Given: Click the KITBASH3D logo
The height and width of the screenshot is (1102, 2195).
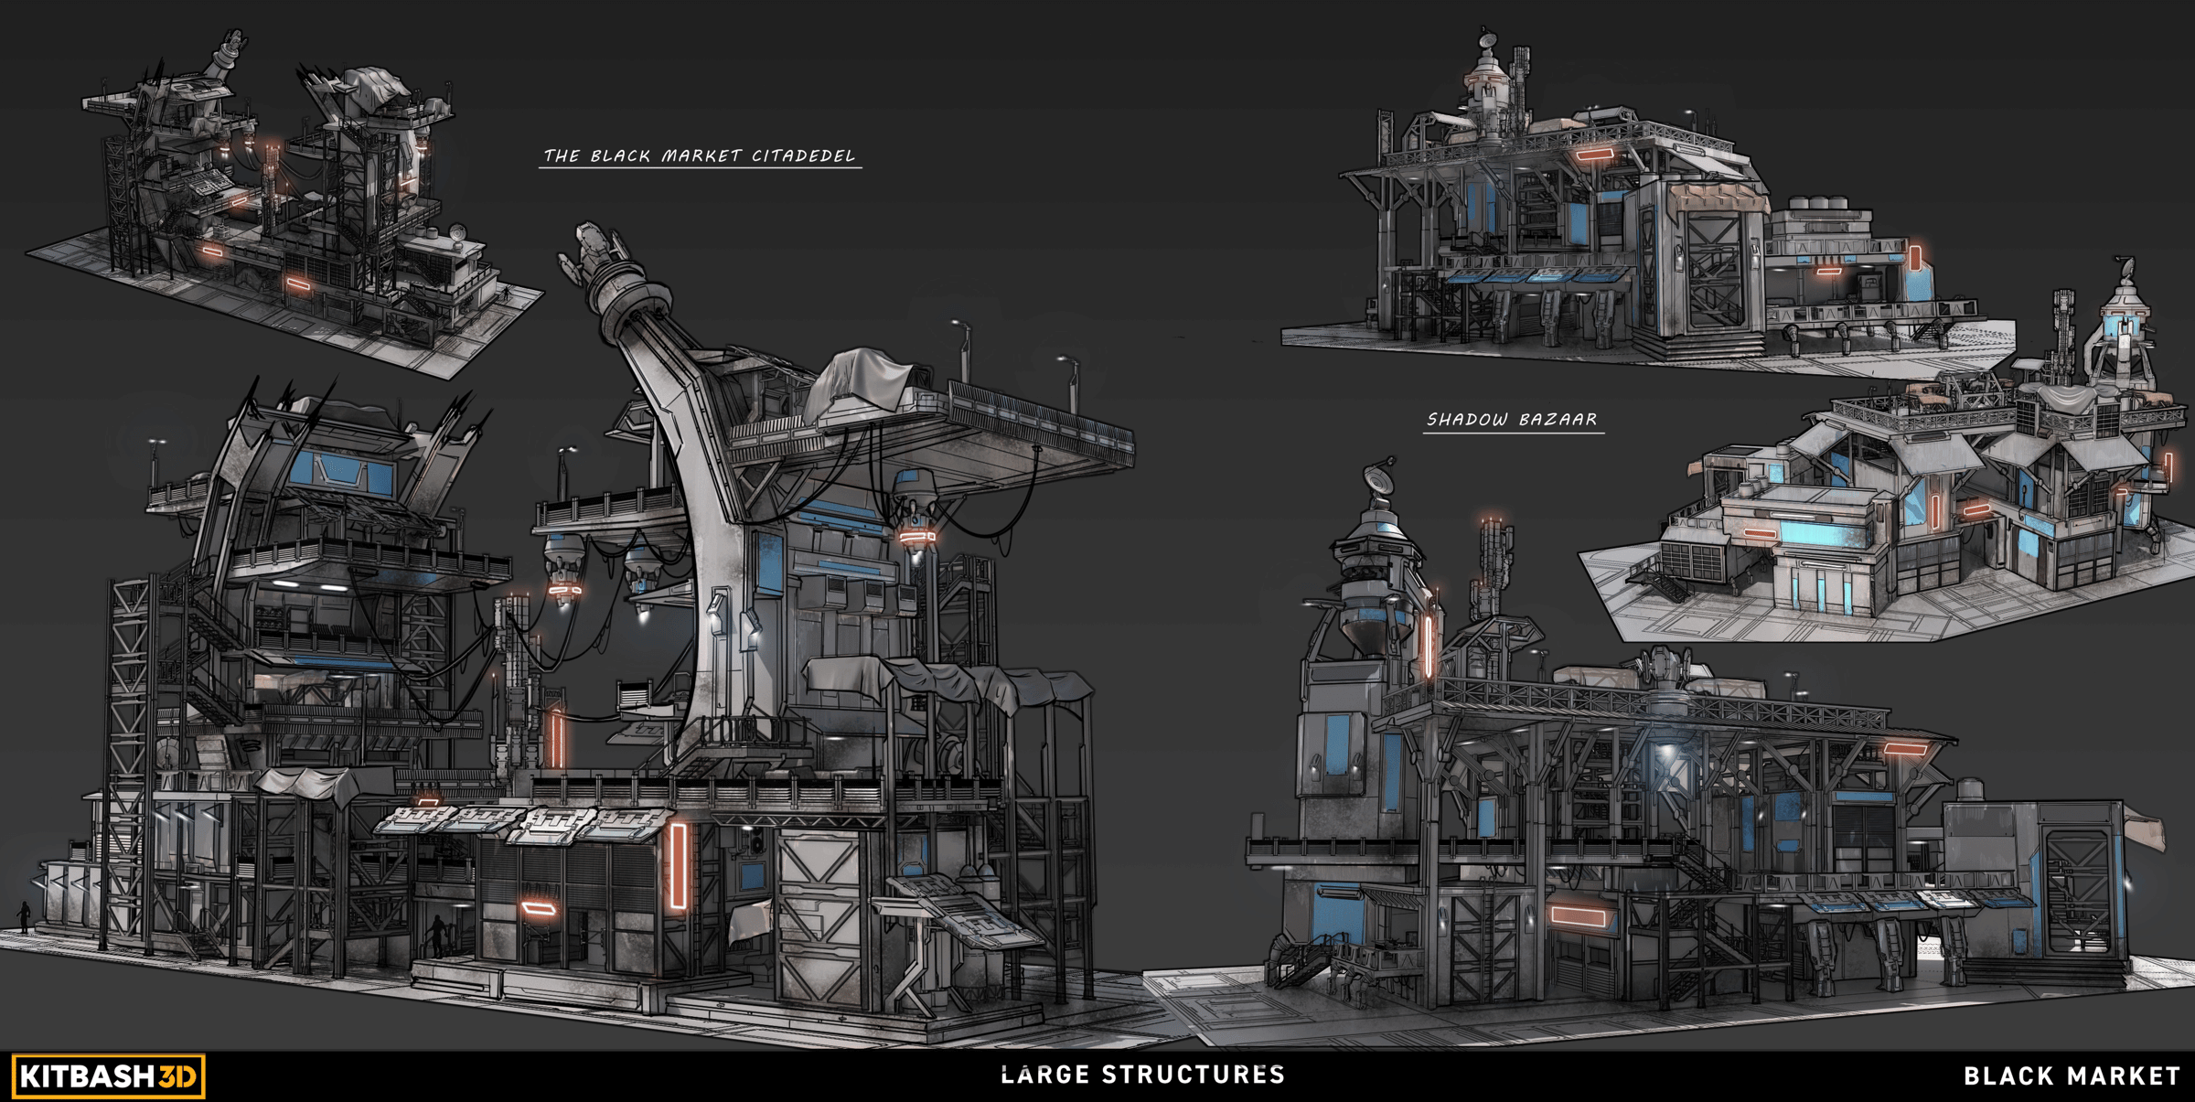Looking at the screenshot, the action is point(108,1075).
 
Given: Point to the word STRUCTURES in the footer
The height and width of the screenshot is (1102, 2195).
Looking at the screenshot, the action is point(1194,1075).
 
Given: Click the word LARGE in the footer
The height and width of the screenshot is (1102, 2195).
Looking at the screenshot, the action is point(1045,1075).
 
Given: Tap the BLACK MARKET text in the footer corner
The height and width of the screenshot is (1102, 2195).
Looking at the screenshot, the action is point(2072,1076).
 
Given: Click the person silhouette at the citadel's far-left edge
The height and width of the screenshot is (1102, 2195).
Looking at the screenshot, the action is point(24,916).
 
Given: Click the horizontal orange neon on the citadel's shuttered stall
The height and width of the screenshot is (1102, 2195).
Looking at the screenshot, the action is point(539,908).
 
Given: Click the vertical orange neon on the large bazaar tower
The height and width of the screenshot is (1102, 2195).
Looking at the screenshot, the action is point(1428,646).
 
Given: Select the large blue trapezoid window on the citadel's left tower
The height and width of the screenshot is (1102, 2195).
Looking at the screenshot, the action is point(340,469).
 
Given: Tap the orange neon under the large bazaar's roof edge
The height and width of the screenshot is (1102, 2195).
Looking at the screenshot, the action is point(1905,749).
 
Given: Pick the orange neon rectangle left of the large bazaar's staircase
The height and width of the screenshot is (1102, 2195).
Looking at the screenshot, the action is point(1579,915).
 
